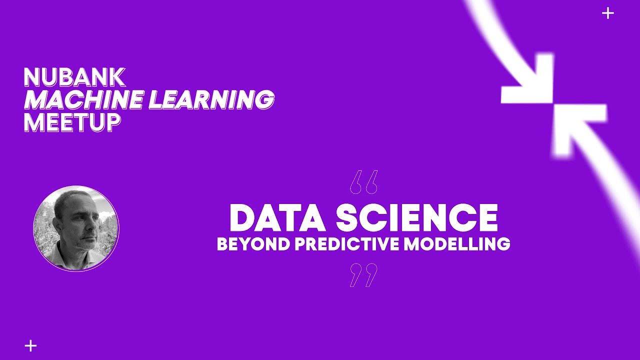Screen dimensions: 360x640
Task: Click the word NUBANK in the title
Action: click(x=74, y=77)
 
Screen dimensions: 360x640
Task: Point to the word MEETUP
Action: click(x=72, y=122)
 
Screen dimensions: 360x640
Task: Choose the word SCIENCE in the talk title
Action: click(x=417, y=218)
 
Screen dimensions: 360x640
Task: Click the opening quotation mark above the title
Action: click(x=363, y=182)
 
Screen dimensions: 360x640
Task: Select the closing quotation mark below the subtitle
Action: click(x=363, y=275)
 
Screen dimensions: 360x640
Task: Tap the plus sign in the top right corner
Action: click(x=607, y=13)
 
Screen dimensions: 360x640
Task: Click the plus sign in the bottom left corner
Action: click(x=30, y=345)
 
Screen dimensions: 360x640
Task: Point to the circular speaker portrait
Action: click(x=76, y=228)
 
